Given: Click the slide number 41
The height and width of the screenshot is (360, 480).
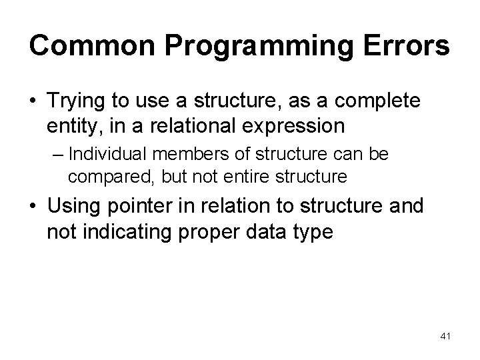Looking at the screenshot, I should coord(445,337).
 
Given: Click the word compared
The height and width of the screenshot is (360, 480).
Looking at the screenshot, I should coord(100,176).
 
